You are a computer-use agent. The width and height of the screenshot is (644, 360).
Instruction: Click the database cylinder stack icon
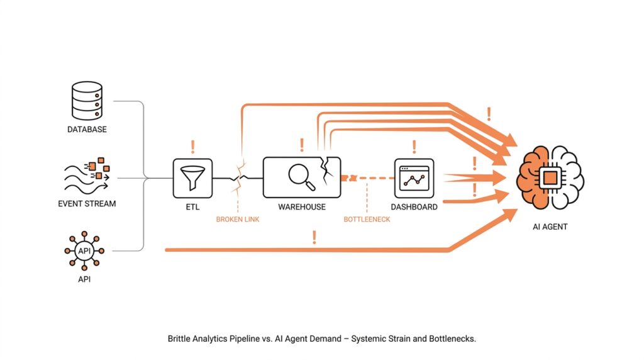tap(87, 102)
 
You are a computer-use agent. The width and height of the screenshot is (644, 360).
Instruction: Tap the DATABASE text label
tap(87, 130)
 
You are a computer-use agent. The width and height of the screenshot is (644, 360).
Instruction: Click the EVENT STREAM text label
tap(87, 204)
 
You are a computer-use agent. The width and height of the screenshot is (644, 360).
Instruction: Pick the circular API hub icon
tap(85, 250)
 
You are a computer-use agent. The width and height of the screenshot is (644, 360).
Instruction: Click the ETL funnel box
tap(192, 178)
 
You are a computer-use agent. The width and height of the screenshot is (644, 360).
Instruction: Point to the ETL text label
tap(192, 206)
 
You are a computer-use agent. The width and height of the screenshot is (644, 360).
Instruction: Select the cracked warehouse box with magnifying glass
tap(301, 177)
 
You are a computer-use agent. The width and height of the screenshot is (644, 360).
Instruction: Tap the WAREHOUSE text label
tap(302, 206)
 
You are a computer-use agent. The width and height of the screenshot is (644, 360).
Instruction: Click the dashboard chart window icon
tap(414, 178)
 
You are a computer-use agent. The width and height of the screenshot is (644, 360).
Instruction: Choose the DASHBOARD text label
tap(414, 206)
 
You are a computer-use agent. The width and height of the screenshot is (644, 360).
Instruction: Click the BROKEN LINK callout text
tap(237, 220)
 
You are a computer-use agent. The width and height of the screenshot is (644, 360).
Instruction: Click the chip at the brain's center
tap(550, 177)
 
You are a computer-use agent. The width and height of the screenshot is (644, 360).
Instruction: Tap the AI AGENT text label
tap(550, 227)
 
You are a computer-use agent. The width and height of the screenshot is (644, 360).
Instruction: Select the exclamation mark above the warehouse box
tap(302, 145)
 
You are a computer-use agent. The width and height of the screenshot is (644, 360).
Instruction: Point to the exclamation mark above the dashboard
tap(414, 147)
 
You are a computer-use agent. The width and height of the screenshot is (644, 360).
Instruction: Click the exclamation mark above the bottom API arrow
tap(314, 237)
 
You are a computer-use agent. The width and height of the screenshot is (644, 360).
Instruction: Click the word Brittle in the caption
tap(179, 338)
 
